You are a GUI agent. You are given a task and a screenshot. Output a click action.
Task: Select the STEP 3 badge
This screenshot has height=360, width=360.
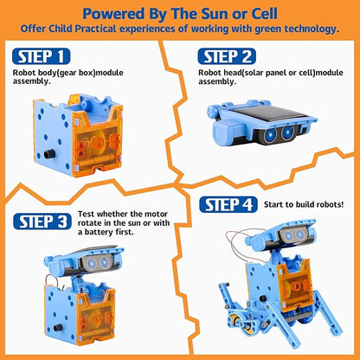coord(42,220)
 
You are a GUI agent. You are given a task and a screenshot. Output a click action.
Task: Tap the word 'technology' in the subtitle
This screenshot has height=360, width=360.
coord(305,29)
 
